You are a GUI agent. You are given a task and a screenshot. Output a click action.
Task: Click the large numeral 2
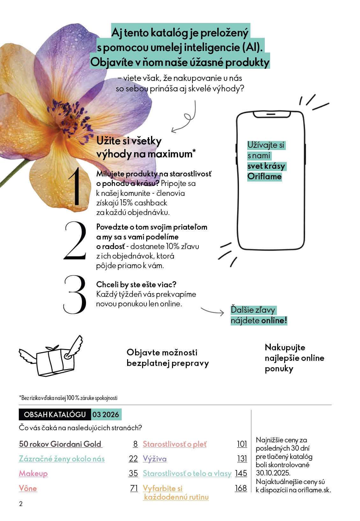76,241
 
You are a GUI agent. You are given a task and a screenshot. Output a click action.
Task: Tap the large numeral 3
75,295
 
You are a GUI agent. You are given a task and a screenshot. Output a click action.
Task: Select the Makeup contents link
33,474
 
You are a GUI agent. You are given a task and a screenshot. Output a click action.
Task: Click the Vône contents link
28,489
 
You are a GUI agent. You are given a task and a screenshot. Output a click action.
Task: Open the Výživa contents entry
155,459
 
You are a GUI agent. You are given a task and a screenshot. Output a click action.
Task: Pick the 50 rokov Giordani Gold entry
60,444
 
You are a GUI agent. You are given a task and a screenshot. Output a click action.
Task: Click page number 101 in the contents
242,444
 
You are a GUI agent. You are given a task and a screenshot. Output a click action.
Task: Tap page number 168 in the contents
241,488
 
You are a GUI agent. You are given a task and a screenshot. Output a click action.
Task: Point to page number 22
133,459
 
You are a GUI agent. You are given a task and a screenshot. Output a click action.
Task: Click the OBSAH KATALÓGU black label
55,415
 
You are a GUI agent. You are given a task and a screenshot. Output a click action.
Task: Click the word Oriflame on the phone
264,177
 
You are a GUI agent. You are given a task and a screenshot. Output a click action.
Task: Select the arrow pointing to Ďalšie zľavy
212,311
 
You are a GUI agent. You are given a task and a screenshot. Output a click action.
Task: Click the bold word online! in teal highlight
274,321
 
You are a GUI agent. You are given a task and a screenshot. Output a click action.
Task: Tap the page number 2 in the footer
21,504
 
